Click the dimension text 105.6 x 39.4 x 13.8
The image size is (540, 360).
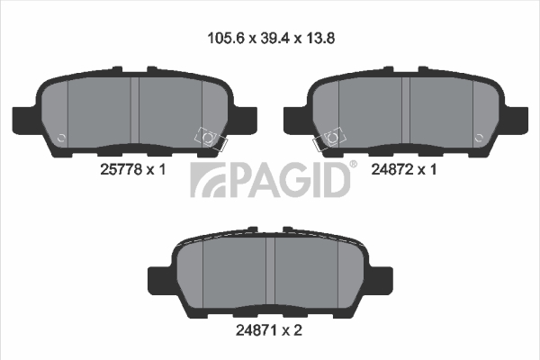271,38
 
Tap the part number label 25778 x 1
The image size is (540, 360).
133,169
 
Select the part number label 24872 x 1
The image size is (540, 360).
403,169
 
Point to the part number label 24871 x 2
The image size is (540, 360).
268,330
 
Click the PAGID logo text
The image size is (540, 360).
288,179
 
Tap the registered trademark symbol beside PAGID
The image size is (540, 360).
354,164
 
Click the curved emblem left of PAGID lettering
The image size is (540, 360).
209,180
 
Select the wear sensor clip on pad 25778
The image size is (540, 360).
210,139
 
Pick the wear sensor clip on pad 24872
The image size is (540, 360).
329,139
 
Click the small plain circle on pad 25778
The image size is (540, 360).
61,138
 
